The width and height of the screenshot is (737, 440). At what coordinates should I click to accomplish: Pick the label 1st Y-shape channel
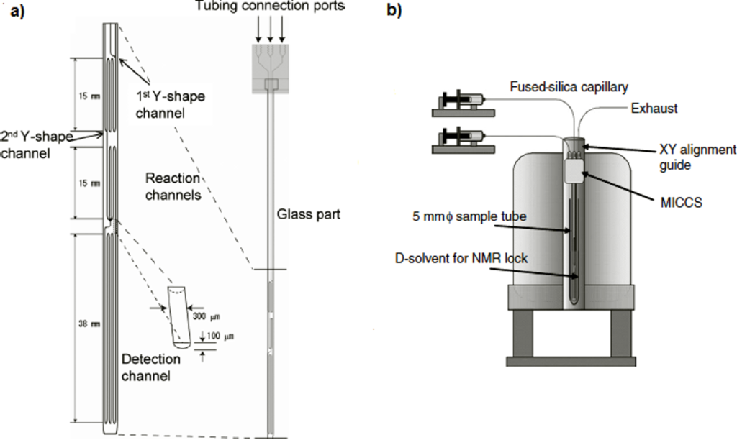click(162, 104)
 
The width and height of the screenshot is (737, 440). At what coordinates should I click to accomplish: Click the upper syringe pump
click(461, 103)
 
